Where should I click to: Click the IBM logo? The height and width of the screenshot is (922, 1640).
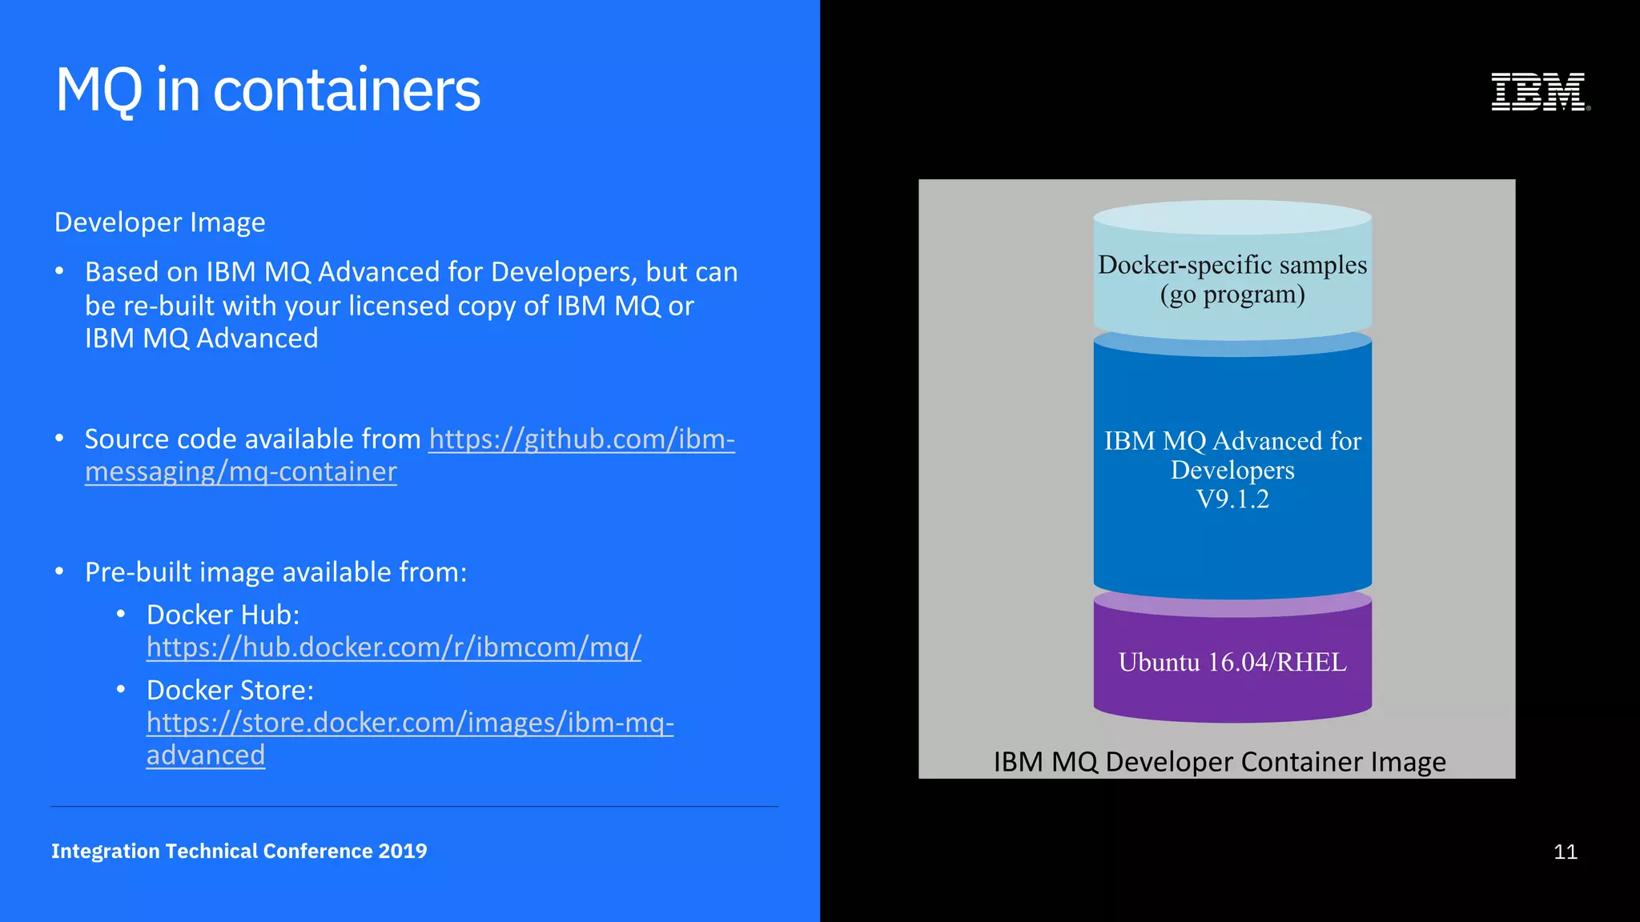click(1539, 91)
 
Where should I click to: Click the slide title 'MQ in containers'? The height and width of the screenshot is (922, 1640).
click(267, 90)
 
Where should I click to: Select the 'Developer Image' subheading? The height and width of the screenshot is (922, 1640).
click(159, 222)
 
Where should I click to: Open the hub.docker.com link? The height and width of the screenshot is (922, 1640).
click(393, 647)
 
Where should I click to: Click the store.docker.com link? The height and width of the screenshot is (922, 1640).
click(409, 723)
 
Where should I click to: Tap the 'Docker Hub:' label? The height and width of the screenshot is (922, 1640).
click(223, 615)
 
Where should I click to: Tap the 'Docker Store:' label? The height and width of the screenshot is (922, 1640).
click(230, 690)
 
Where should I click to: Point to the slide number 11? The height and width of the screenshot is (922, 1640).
click(1565, 852)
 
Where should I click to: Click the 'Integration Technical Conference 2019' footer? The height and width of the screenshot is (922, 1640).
click(239, 851)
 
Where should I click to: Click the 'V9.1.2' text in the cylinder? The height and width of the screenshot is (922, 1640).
click(1232, 499)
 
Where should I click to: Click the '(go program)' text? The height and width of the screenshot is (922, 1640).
click(1232, 295)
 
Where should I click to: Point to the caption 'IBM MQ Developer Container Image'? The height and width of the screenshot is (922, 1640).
click(1219, 762)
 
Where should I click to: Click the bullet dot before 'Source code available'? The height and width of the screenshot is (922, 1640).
click(59, 439)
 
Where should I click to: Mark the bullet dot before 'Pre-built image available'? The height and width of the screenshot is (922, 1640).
click(59, 571)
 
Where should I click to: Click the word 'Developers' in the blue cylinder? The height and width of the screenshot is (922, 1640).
click(1232, 470)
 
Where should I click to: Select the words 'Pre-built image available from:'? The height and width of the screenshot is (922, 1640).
click(275, 572)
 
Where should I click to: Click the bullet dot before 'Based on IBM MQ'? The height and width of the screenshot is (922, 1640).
click(59, 271)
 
